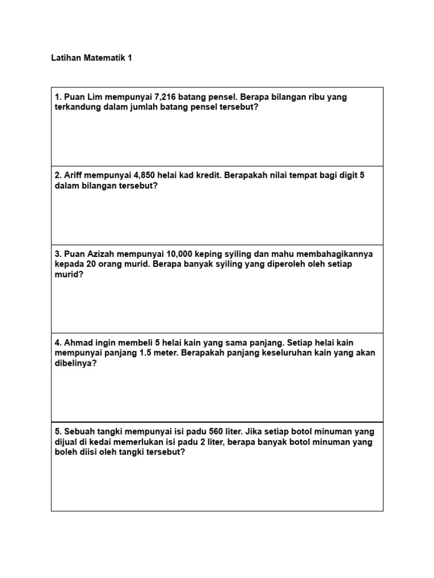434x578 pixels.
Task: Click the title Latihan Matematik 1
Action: click(92, 58)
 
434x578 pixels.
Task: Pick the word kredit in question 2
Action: click(208, 176)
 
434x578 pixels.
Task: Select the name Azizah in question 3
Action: click(101, 254)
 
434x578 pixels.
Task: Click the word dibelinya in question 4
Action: click(75, 364)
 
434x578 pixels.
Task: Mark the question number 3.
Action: click(58, 254)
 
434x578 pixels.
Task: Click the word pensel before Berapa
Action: click(223, 97)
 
